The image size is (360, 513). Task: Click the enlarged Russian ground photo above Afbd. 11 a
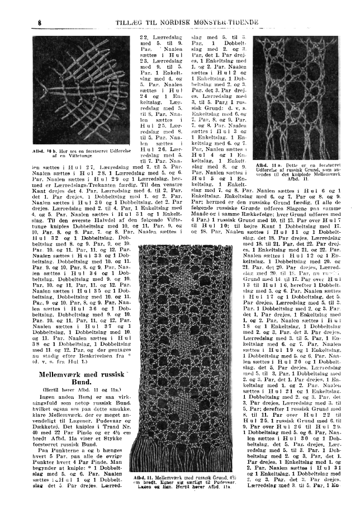point(296,91)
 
